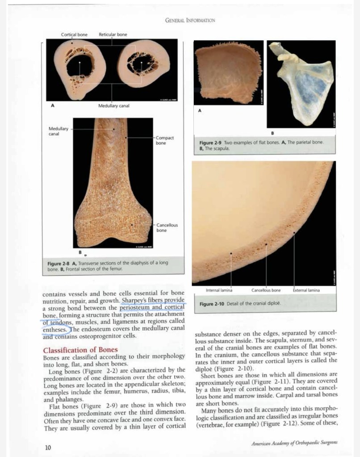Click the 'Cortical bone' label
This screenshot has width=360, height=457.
click(74, 34)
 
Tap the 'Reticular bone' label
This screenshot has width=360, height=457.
click(113, 34)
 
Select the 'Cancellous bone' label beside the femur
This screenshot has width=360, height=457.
click(167, 227)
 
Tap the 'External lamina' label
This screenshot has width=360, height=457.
click(306, 290)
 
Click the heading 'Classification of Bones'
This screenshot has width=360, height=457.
click(80, 349)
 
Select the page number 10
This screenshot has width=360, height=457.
click(48, 447)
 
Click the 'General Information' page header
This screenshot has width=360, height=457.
click(190, 21)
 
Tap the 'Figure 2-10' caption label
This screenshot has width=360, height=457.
click(213, 304)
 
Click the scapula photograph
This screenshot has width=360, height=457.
click(301, 83)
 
